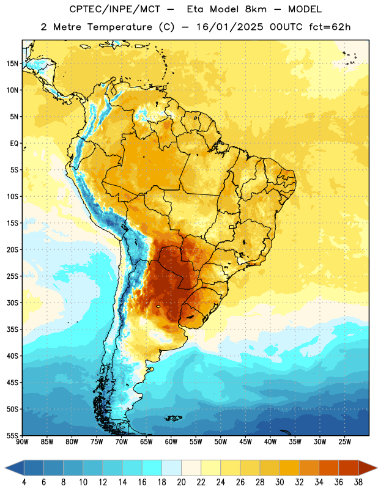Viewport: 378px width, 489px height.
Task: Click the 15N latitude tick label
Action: pos(12,64)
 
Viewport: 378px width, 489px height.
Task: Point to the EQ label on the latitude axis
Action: pos(14,144)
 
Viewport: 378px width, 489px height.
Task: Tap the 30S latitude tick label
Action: pos(12,303)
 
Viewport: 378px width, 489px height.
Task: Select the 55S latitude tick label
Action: pos(12,436)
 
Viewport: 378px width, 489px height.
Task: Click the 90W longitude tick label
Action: pos(22,442)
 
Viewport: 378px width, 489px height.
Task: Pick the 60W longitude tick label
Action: pos(171,442)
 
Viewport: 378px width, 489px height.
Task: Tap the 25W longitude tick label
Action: pos(344,442)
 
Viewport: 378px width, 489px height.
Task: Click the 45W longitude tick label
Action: pos(245,442)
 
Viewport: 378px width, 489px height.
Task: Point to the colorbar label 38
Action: pos(358,482)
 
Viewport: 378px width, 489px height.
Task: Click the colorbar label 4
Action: pos(24,482)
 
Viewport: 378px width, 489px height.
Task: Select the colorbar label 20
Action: pos(181,482)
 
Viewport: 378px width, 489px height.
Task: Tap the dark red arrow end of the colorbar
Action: pos(368,468)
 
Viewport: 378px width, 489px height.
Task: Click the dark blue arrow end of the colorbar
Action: pos(14,468)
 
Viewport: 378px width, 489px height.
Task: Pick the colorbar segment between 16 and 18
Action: pos(152,468)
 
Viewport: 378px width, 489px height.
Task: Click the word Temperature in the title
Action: pos(120,27)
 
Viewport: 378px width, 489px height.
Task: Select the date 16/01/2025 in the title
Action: pos(229,27)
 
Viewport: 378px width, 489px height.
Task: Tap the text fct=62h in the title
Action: pos(330,27)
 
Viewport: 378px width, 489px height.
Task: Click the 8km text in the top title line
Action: pos(256,9)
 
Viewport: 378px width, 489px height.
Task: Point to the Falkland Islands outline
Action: pos(174,418)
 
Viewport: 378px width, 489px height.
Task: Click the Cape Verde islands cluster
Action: pos(350,58)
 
